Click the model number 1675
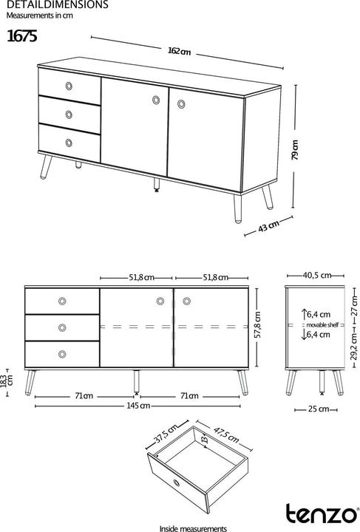tap(22, 35)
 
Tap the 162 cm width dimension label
tap(179, 51)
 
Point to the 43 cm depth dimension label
tap(268, 227)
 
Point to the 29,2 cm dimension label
tap(353, 344)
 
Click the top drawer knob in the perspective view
tap(69, 85)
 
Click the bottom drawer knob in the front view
tap(61, 352)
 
